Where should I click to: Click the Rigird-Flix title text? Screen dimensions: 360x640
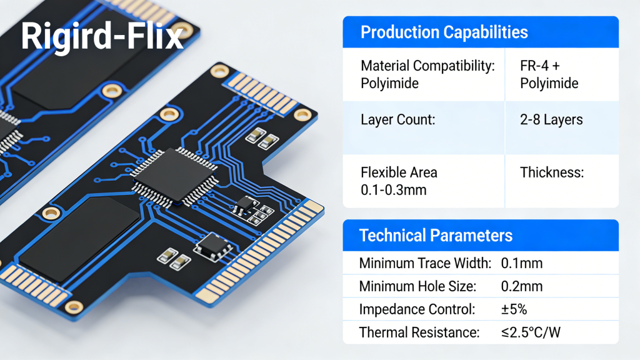pyautogui.click(x=102, y=37)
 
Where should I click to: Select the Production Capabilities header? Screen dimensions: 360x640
pyautogui.click(x=444, y=32)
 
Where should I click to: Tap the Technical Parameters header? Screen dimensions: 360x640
pyautogui.click(x=436, y=236)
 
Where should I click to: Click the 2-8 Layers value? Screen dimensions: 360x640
pyautogui.click(x=551, y=119)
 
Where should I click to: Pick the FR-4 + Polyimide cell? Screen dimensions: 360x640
pyautogui.click(x=549, y=74)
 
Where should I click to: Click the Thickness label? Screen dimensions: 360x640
pyautogui.click(x=552, y=172)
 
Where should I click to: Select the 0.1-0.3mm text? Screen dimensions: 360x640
pyautogui.click(x=393, y=190)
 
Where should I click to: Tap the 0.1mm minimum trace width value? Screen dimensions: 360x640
pyautogui.click(x=522, y=263)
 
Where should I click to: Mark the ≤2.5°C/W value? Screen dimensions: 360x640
pyautogui.click(x=531, y=332)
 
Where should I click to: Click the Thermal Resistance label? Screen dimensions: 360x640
pyautogui.click(x=419, y=332)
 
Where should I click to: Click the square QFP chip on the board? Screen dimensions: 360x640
pyautogui.click(x=174, y=176)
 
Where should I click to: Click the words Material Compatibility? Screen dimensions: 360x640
pyautogui.click(x=427, y=66)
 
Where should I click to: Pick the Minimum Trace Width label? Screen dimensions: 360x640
pyautogui.click(x=425, y=263)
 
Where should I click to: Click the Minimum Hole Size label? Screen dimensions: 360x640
pyautogui.click(x=417, y=286)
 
